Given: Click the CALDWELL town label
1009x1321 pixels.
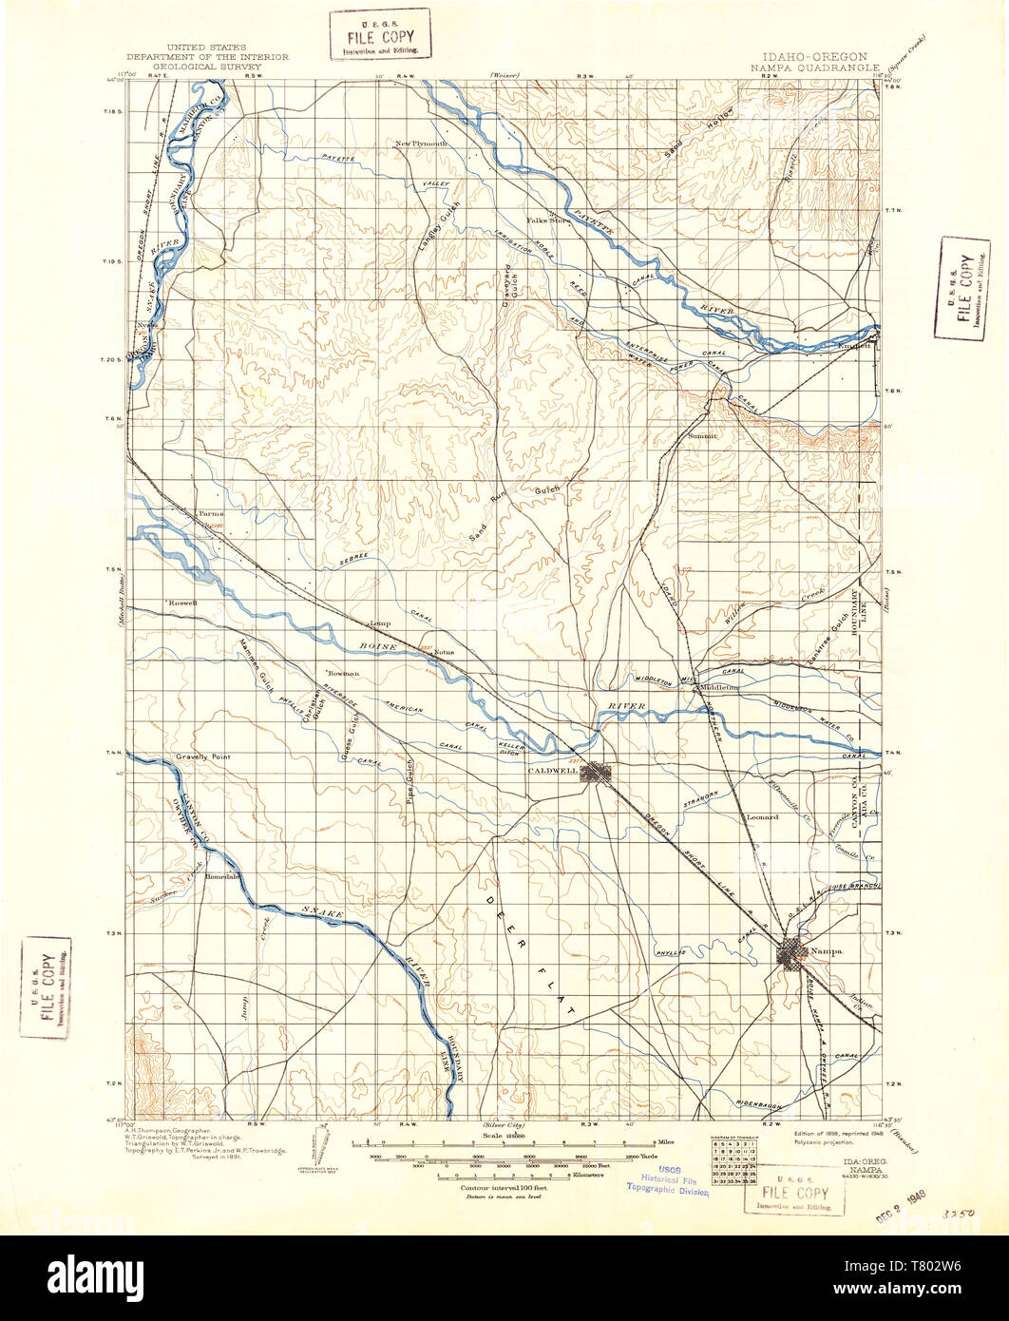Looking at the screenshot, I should point(554,772).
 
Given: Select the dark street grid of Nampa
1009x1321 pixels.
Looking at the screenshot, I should point(791,952).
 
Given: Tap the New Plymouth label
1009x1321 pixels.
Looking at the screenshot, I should point(421,144).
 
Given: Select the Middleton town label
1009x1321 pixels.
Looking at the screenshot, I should point(718,686).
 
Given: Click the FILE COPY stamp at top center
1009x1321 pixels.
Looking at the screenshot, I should point(378,34).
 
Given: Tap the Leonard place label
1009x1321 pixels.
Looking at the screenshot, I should point(762,816).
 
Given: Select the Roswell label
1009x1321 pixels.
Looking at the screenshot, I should point(182,603).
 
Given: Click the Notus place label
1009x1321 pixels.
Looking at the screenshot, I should point(444,653).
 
